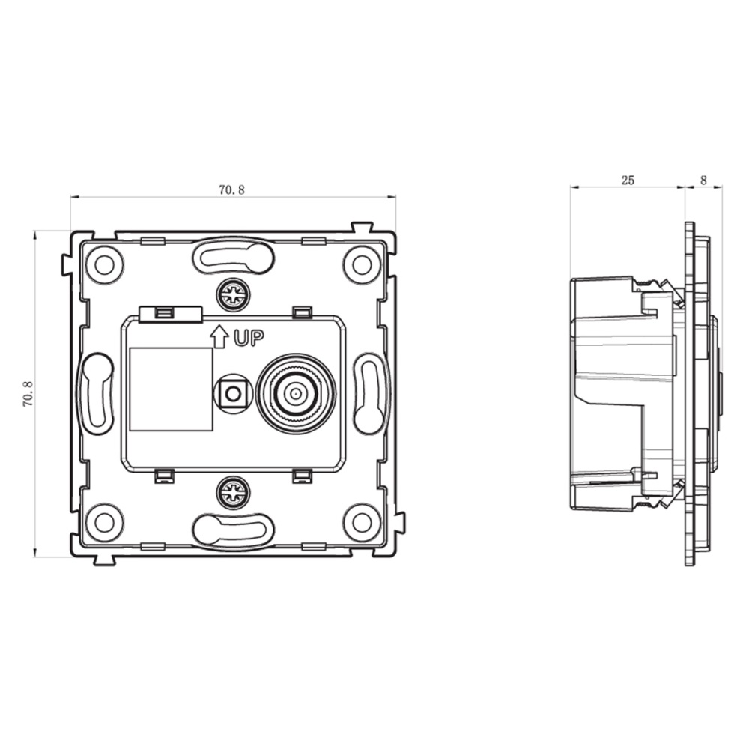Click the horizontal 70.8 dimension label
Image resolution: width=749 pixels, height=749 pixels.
[x=231, y=189]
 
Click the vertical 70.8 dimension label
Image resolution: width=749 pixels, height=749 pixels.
[x=28, y=394]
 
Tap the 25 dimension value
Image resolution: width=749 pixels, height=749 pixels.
[x=628, y=180]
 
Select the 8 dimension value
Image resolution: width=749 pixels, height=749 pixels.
[x=703, y=180]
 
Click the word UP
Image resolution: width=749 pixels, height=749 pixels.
[x=249, y=339]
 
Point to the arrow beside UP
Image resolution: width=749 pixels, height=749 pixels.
[x=219, y=336]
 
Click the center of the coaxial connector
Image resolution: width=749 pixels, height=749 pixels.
[x=296, y=394]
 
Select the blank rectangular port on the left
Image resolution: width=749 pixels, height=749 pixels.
[x=172, y=389]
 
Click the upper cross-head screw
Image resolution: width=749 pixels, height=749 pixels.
[x=233, y=295]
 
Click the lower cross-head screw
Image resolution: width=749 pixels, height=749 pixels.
[x=233, y=492]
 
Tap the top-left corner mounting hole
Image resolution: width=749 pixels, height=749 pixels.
[x=103, y=264]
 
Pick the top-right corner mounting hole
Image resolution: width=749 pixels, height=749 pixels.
[x=362, y=264]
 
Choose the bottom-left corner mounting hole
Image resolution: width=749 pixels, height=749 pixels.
[x=103, y=522]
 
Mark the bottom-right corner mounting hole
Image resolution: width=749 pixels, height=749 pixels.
[x=362, y=522]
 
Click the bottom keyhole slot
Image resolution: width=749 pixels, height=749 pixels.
[x=233, y=530]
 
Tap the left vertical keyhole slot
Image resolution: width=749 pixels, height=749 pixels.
[x=97, y=394]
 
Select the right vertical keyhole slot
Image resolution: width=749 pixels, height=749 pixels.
[x=369, y=394]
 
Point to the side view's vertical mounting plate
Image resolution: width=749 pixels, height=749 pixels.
[x=689, y=394]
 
